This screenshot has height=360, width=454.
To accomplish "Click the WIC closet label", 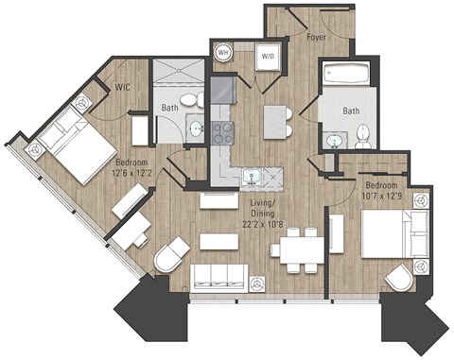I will click(x=123, y=88).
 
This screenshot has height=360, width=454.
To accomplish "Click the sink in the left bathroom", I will click(x=196, y=129).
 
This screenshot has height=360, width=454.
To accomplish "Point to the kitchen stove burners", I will click(x=223, y=132).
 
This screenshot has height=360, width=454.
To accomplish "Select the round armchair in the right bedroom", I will click(x=401, y=275).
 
